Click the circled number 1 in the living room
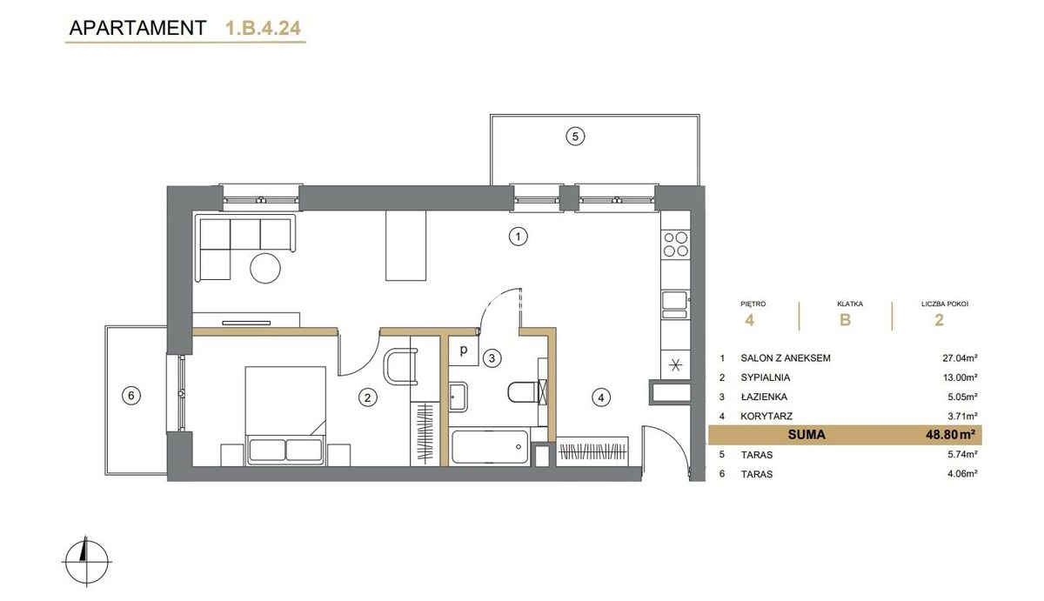pos(518,237)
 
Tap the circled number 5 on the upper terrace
pos(575,137)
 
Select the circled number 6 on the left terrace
pos(131,396)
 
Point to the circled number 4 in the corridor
pos(601,397)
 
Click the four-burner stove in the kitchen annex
pos(676,244)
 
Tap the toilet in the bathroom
pos(526,392)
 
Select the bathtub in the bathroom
pos(490,447)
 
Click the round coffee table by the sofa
pos(265,268)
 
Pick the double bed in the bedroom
pos(285,415)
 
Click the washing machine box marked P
pos(463,351)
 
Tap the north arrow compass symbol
pos(87,561)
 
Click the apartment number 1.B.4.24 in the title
pos(263,28)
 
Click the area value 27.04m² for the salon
pos(960,358)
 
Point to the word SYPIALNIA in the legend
pos(766,377)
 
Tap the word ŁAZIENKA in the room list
pos(764,397)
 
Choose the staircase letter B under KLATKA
pos(845,320)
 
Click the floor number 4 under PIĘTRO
pos(749,320)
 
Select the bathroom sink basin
pos(458,397)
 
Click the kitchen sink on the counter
pos(674,304)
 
